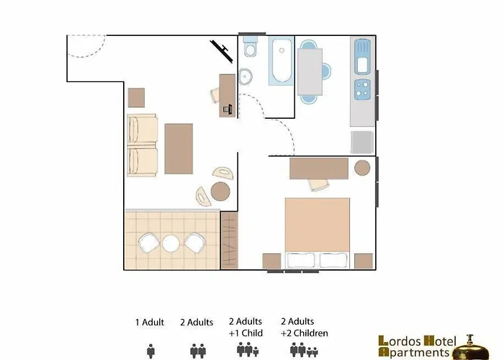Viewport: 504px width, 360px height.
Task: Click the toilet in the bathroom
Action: click(250, 49)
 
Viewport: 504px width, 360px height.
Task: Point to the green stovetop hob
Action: click(361, 89)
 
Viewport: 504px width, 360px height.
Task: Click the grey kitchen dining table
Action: click(309, 68)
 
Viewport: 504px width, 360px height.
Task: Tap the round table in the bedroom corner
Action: click(362, 168)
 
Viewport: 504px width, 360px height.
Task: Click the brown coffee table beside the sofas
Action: click(179, 148)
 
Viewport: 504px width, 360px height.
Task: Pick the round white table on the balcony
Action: click(171, 243)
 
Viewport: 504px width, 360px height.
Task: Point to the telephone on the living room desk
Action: click(228, 109)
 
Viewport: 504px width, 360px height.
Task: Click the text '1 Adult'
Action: click(149, 323)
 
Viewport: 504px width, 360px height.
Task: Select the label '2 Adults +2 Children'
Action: click(305, 328)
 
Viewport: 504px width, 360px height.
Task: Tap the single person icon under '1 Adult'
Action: click(150, 351)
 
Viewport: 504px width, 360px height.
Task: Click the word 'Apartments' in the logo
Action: click(418, 352)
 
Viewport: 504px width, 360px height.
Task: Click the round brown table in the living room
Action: click(220, 191)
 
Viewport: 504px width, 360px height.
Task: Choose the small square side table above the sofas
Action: click(136, 96)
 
